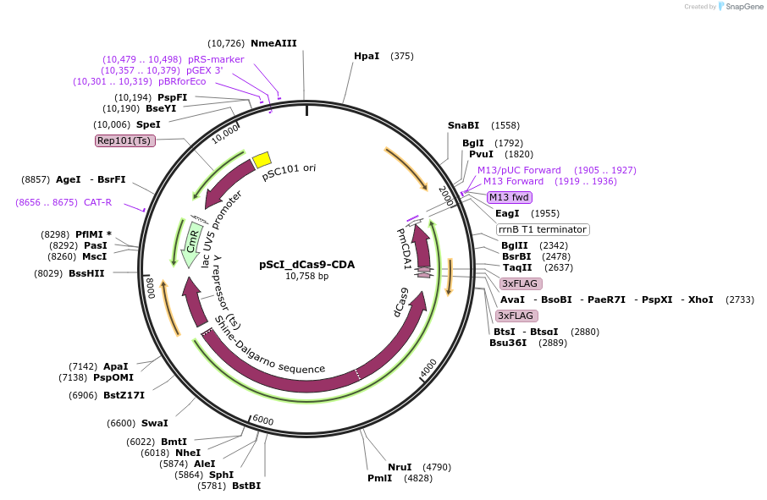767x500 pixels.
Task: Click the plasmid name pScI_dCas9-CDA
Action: (x=306, y=264)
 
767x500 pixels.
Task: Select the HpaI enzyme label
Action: (x=367, y=56)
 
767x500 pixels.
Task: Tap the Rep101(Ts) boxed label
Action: (x=124, y=140)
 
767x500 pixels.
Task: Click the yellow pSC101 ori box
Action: (x=262, y=159)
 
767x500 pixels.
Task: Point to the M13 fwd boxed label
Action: (x=509, y=197)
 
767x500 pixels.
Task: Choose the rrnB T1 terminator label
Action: (x=542, y=229)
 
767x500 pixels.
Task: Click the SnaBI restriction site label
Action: (x=463, y=125)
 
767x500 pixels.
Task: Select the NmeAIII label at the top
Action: (x=273, y=43)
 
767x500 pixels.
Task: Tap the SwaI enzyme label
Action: (x=154, y=423)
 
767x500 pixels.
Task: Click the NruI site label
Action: (x=400, y=467)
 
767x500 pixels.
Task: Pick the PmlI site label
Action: (x=379, y=478)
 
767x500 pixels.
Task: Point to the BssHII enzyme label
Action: (x=87, y=273)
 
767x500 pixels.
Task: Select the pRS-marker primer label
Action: (x=216, y=59)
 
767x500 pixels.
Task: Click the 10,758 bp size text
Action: (x=306, y=276)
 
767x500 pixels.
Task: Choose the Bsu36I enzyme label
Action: (x=508, y=343)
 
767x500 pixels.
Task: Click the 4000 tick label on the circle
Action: (x=428, y=368)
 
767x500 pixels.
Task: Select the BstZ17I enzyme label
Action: (x=124, y=395)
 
